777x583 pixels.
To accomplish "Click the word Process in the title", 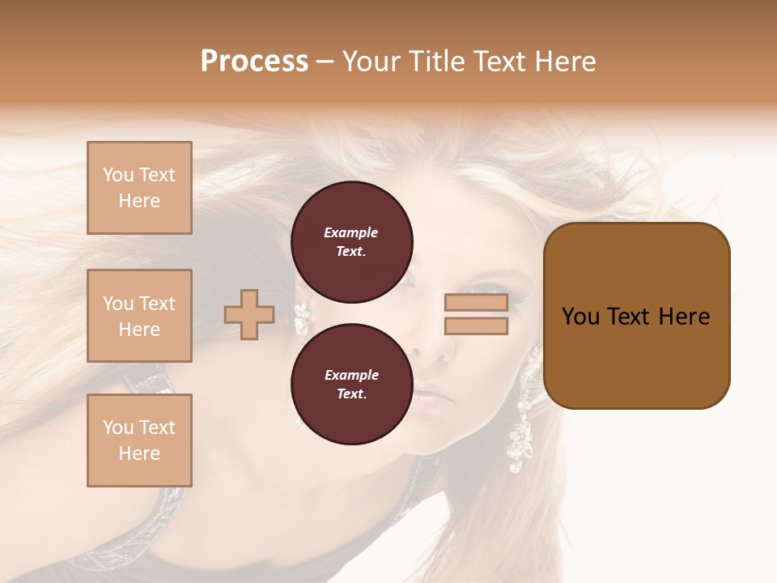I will point(254,62).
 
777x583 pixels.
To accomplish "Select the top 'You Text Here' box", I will point(139,188).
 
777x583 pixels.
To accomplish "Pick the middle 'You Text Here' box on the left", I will point(139,316).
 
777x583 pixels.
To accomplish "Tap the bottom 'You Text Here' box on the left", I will point(139,440).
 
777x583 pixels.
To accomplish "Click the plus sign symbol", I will point(249,314).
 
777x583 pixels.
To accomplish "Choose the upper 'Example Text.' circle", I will point(351,242).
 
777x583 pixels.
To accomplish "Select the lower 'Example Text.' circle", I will point(351,385).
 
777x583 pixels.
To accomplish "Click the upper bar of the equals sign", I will point(476,303).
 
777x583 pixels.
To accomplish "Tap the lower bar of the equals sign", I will point(476,326).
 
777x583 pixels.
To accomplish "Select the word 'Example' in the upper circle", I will point(351,232).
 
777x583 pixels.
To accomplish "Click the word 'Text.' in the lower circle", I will point(351,394).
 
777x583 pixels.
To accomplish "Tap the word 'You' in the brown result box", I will point(580,317).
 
